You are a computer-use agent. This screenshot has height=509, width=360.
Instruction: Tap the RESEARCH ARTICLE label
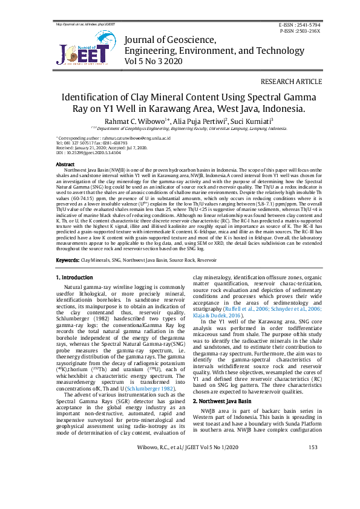point(292,82)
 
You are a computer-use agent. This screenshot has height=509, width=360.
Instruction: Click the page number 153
point(313,481)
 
